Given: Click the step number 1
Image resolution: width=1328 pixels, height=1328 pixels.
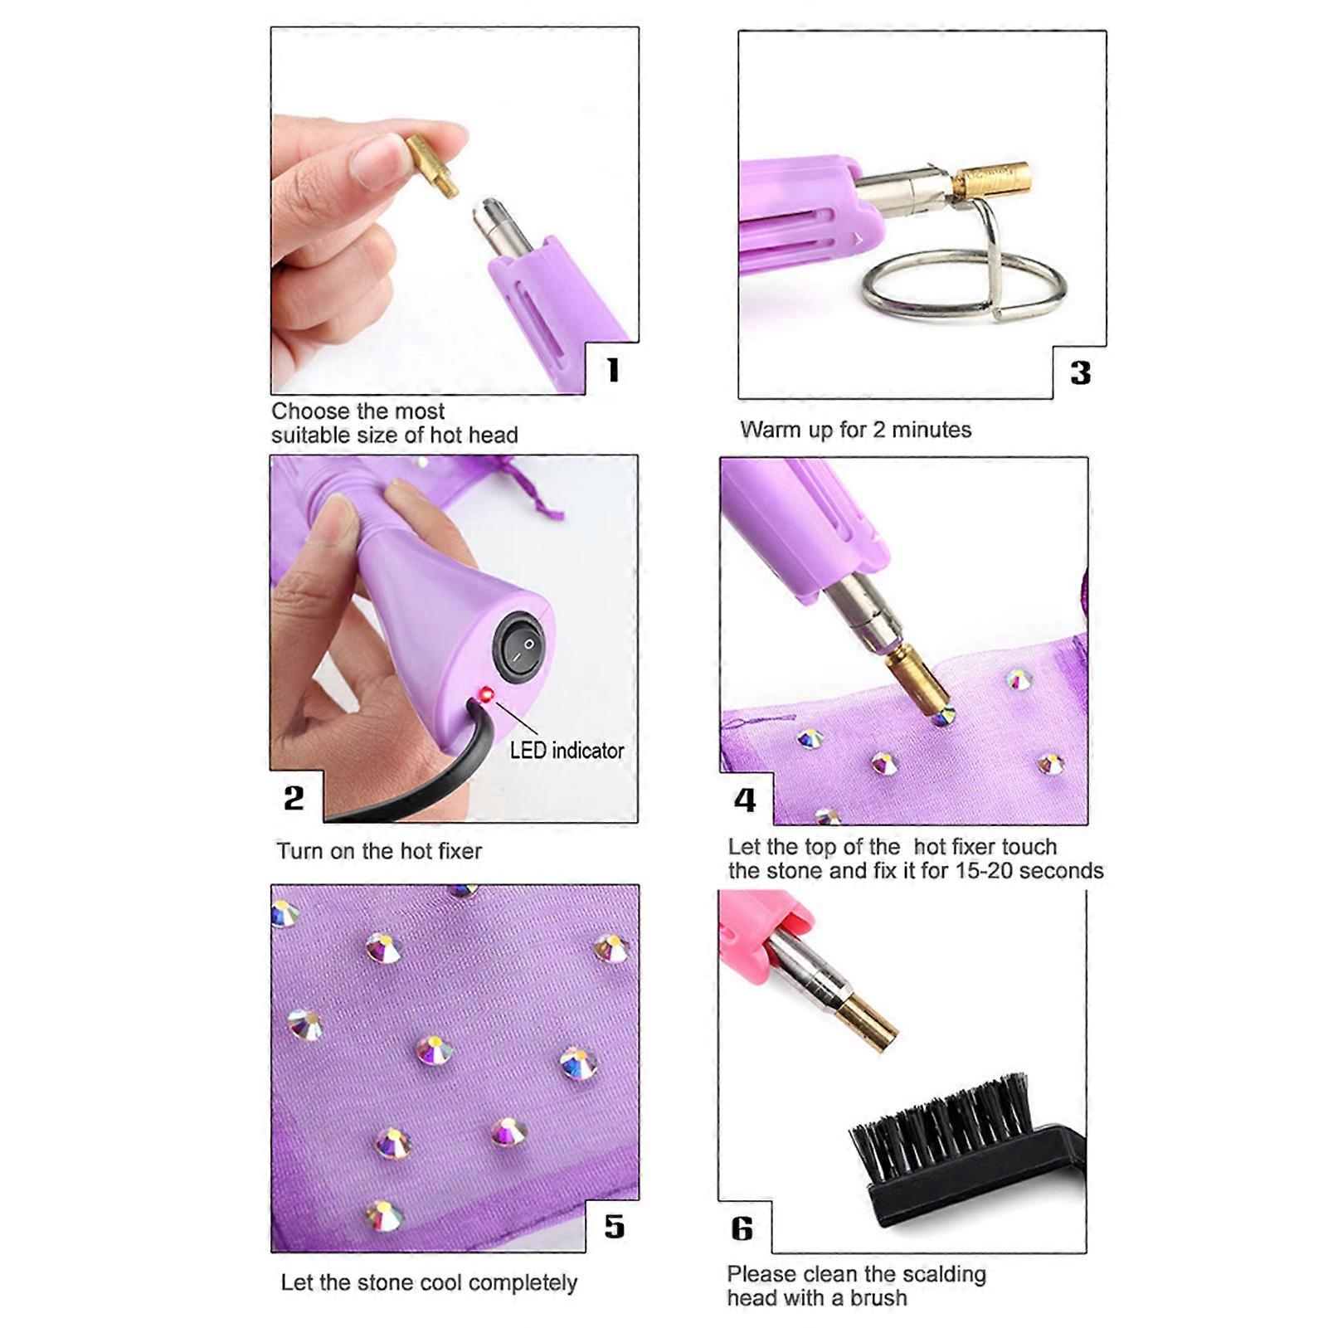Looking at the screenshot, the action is point(613,370).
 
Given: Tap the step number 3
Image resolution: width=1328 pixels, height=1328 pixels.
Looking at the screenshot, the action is point(1080,373).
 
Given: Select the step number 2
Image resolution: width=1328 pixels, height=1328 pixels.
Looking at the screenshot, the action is point(294,798).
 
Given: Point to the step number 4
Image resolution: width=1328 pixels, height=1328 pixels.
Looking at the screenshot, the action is point(745,800).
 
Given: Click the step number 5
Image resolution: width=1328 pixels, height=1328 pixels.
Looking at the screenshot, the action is point(614,1227).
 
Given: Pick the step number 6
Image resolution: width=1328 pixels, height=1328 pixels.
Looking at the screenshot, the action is point(742,1228).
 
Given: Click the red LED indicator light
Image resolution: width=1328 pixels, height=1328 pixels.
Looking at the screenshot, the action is point(486,693).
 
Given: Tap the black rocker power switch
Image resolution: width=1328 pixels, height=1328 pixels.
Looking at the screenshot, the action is point(519,646).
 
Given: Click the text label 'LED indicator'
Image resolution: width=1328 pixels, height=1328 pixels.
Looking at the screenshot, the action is point(567,751).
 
